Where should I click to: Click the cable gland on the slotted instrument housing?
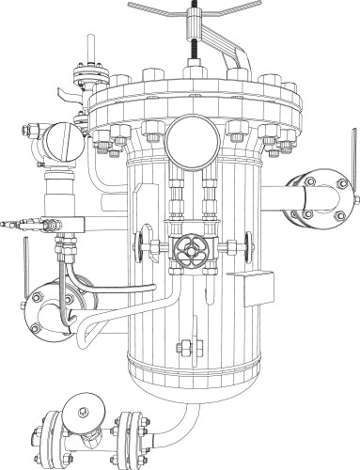pyautogui.click(x=31, y=132)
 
